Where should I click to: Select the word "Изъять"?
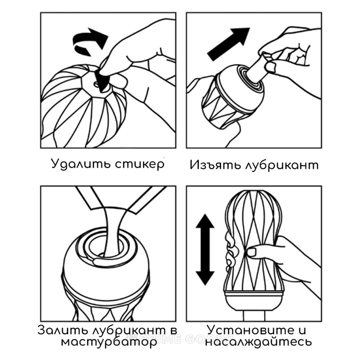click(x=215, y=165)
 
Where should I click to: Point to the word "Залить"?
click(x=63, y=330)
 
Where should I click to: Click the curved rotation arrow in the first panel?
click(x=90, y=40)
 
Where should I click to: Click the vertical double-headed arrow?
click(x=205, y=249)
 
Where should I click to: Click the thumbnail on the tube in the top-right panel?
click(x=271, y=67)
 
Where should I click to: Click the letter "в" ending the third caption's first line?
click(x=174, y=330)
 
